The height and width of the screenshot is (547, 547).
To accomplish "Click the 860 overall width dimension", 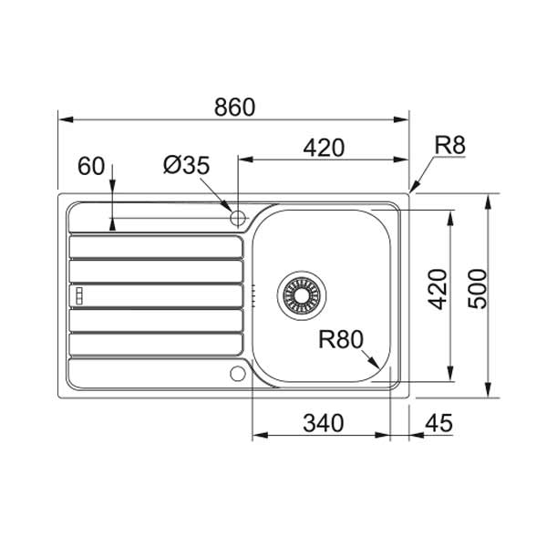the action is (234, 107).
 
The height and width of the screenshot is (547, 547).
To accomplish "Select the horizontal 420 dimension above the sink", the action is (324, 148).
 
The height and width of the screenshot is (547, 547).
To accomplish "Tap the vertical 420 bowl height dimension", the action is (438, 289).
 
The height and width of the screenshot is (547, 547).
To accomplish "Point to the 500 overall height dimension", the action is (477, 289).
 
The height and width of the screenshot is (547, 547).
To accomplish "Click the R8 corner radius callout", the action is (450, 145).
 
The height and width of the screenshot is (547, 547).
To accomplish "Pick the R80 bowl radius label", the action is (341, 339).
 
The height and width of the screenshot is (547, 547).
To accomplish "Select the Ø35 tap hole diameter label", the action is (187, 165).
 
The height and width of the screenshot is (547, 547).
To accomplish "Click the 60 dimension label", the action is (91, 166).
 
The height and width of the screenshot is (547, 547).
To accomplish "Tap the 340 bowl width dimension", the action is (324, 424).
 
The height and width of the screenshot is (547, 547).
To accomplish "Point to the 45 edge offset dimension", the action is (439, 423).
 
